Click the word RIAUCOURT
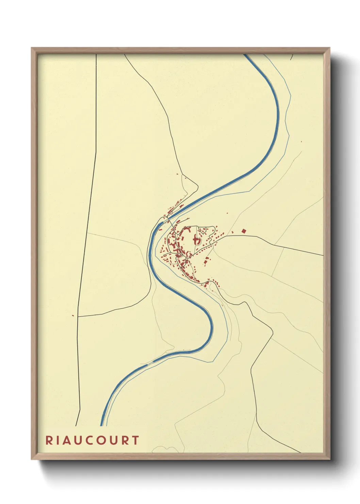pyautogui.click(x=92, y=440)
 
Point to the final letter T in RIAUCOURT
pyautogui.click(x=136, y=440)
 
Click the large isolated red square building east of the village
pyautogui.click(x=243, y=231)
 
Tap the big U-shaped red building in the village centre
pyautogui.click(x=197, y=240)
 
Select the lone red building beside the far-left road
pyautogui.click(x=73, y=315)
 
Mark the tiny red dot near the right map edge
pyautogui.click(x=301, y=141)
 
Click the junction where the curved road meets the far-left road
pyautogui.click(x=78, y=316)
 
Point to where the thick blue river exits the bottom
pyautogui.click(x=102, y=425)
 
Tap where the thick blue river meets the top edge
pyautogui.click(x=246, y=55)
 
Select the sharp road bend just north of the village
pyautogui.click(x=197, y=186)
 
